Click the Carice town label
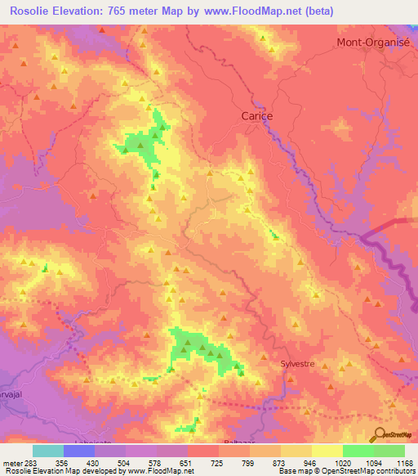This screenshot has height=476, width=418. tap(257, 116)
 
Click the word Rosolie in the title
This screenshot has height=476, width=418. tap(33, 11)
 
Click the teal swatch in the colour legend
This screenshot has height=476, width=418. tap(48, 451)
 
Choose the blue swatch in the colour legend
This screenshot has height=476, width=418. tap(79, 451)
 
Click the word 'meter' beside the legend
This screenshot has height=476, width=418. tap(11, 462)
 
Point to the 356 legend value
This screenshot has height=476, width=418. tap(61, 462)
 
